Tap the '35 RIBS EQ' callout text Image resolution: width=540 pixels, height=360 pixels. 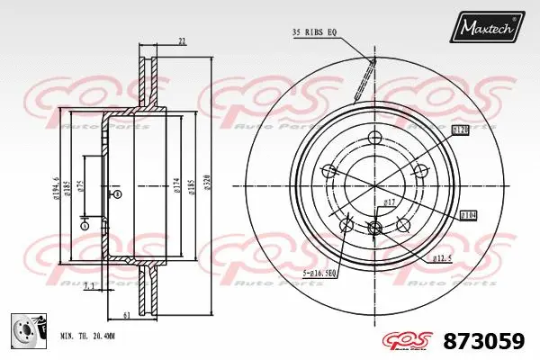(314, 32)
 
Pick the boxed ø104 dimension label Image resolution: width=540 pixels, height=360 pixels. (468, 215)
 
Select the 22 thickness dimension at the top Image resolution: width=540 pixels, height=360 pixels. (182, 41)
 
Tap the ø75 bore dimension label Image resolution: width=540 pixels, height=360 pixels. (80, 186)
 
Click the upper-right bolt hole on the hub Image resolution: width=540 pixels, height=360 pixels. (417, 172)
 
